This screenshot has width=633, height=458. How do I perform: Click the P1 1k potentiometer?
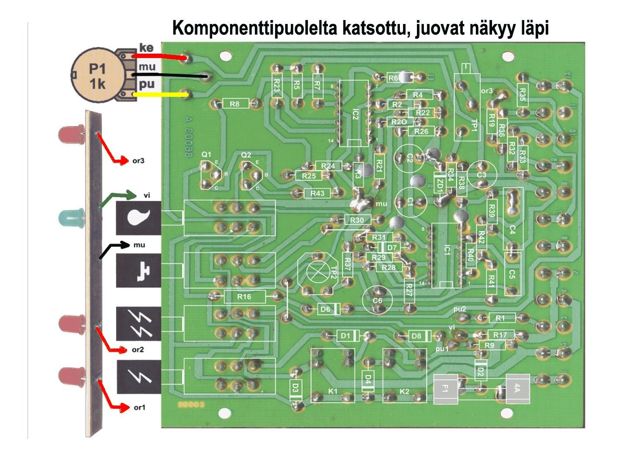pos(97,76)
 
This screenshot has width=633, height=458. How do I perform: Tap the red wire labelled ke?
pos(159,56)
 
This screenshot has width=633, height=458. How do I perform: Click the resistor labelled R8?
pos(235,104)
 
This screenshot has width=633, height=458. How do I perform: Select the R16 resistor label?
pos(244,297)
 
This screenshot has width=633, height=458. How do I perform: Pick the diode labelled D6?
pos(326,309)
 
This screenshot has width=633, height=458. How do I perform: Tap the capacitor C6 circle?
pos(377,300)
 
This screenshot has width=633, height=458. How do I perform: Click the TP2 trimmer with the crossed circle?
pos(318,272)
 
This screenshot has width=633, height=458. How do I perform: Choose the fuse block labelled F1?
pos(445,389)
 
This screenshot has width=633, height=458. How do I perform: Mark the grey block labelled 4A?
pos(518,388)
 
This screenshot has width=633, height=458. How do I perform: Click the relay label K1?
pos(333,391)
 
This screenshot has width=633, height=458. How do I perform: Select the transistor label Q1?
pos(206,155)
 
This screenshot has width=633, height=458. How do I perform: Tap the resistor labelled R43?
pos(317,193)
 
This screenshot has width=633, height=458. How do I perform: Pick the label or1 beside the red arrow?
pos(139,408)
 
